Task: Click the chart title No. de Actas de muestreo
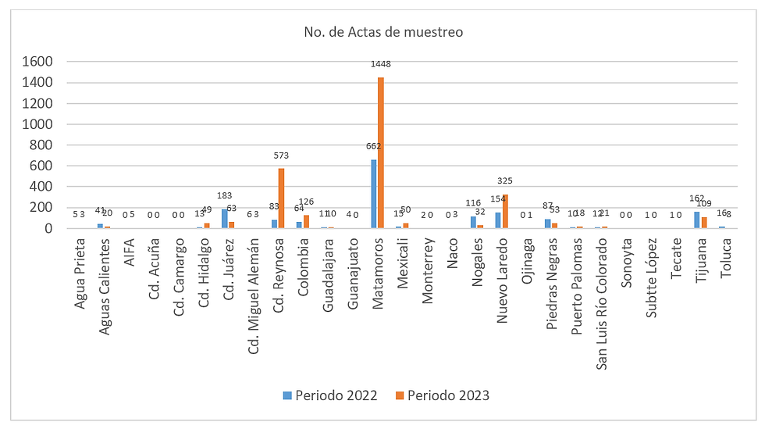[x=383, y=32]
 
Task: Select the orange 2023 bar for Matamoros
[x=381, y=152]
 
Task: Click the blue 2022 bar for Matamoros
[x=374, y=194]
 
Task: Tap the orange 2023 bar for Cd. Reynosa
[x=282, y=198]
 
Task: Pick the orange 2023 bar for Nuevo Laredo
[x=506, y=211]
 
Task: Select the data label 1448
[x=382, y=64]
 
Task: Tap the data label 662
[x=373, y=145]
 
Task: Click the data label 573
[x=282, y=156]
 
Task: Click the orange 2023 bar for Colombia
[x=307, y=221]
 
